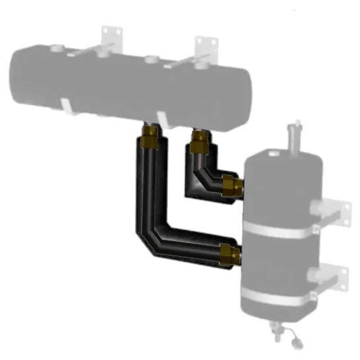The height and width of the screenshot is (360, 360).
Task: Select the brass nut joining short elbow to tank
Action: tap(231, 186)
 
